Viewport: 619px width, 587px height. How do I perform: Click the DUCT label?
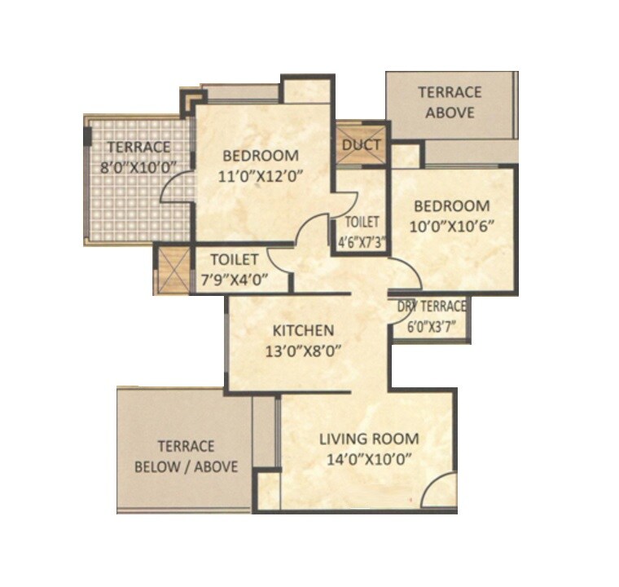coord(362,145)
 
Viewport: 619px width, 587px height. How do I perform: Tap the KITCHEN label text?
coord(303,330)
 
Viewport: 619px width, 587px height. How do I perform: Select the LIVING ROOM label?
coord(368,439)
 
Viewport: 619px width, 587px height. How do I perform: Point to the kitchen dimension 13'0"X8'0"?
coord(303,351)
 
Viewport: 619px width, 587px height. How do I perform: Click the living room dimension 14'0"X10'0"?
coord(368,458)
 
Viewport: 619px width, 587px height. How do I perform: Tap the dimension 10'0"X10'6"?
coord(453,226)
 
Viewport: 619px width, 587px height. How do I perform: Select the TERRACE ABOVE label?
coord(449,102)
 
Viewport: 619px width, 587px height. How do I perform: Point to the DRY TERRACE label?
coord(432,307)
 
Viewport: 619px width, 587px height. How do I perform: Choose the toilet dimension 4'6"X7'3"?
coord(361,241)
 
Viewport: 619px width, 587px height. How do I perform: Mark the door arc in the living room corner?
coord(438,492)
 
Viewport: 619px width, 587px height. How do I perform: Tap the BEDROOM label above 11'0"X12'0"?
coord(261,155)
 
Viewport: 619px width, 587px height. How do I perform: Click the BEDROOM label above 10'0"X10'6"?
coord(453,205)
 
